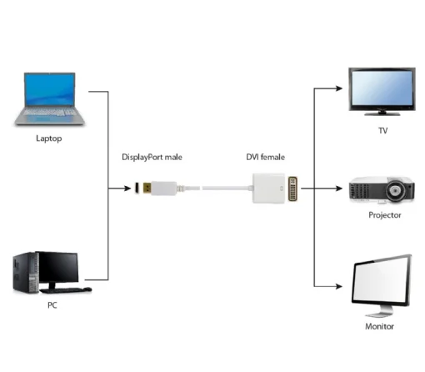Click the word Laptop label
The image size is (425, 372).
48,138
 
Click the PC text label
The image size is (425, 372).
52,305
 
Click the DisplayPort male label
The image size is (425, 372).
154,157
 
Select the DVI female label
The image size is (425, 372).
265,157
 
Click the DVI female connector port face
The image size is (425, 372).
294,189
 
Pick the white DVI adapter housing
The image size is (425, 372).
269,188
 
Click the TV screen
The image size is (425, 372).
381,87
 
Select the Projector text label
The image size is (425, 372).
384,215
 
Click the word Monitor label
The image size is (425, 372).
380,327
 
